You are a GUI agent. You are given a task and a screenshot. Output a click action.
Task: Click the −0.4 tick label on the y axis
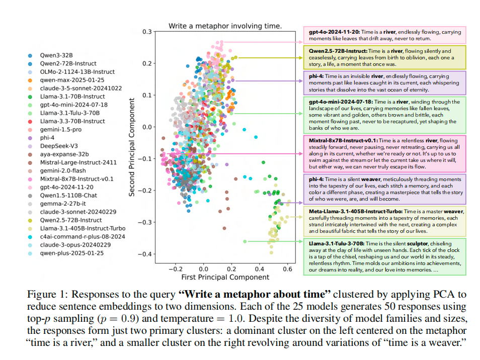tap(144, 254)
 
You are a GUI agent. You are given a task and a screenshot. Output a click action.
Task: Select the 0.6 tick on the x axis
tap(287, 269)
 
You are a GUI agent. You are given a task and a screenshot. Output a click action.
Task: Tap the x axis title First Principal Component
tap(225, 278)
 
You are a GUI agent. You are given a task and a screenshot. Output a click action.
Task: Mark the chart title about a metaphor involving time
tap(225, 26)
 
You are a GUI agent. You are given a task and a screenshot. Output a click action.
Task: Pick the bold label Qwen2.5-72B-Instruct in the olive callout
tap(338, 51)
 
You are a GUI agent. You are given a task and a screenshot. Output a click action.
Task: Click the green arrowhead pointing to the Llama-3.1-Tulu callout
tap(302, 241)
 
